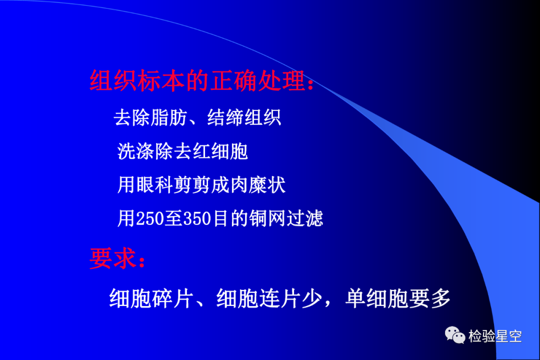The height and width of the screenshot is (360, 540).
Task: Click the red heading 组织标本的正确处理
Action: click(x=197, y=80)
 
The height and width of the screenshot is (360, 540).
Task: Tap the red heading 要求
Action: click(x=113, y=258)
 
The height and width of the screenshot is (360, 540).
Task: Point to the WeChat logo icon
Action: click(x=455, y=335)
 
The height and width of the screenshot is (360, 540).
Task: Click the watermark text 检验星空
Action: click(x=495, y=336)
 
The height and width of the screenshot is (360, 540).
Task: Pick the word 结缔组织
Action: click(x=244, y=117)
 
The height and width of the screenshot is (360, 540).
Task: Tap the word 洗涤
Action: click(x=135, y=151)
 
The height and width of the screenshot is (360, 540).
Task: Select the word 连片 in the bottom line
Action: click(x=279, y=298)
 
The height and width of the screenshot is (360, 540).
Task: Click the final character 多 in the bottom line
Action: click(x=441, y=298)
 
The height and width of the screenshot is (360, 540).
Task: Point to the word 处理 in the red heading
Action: click(x=281, y=80)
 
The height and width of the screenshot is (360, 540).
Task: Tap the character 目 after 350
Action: click(x=220, y=218)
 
